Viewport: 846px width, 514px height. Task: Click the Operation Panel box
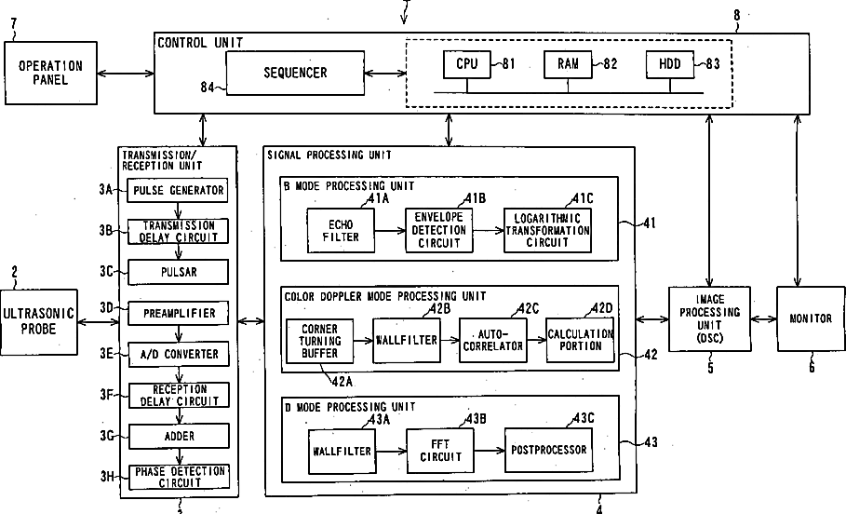[50, 73]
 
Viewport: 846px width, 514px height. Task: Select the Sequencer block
[295, 73]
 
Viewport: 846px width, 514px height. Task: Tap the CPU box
[466, 64]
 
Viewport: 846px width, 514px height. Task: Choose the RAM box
[568, 64]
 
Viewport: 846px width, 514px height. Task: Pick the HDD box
[669, 64]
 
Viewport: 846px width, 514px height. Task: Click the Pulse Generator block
[178, 191]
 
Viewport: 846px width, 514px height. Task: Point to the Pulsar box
[178, 272]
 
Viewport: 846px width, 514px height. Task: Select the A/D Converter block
[178, 354]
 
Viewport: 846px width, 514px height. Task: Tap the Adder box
[178, 435]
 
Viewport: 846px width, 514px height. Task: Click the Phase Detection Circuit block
[178, 476]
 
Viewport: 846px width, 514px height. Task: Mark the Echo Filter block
[340, 231]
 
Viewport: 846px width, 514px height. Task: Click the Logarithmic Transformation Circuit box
[547, 230]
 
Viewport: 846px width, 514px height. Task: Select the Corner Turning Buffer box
[320, 341]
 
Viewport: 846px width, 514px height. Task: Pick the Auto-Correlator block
[492, 340]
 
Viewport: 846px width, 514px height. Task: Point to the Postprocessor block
[548, 451]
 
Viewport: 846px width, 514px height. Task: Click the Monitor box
[810, 318]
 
